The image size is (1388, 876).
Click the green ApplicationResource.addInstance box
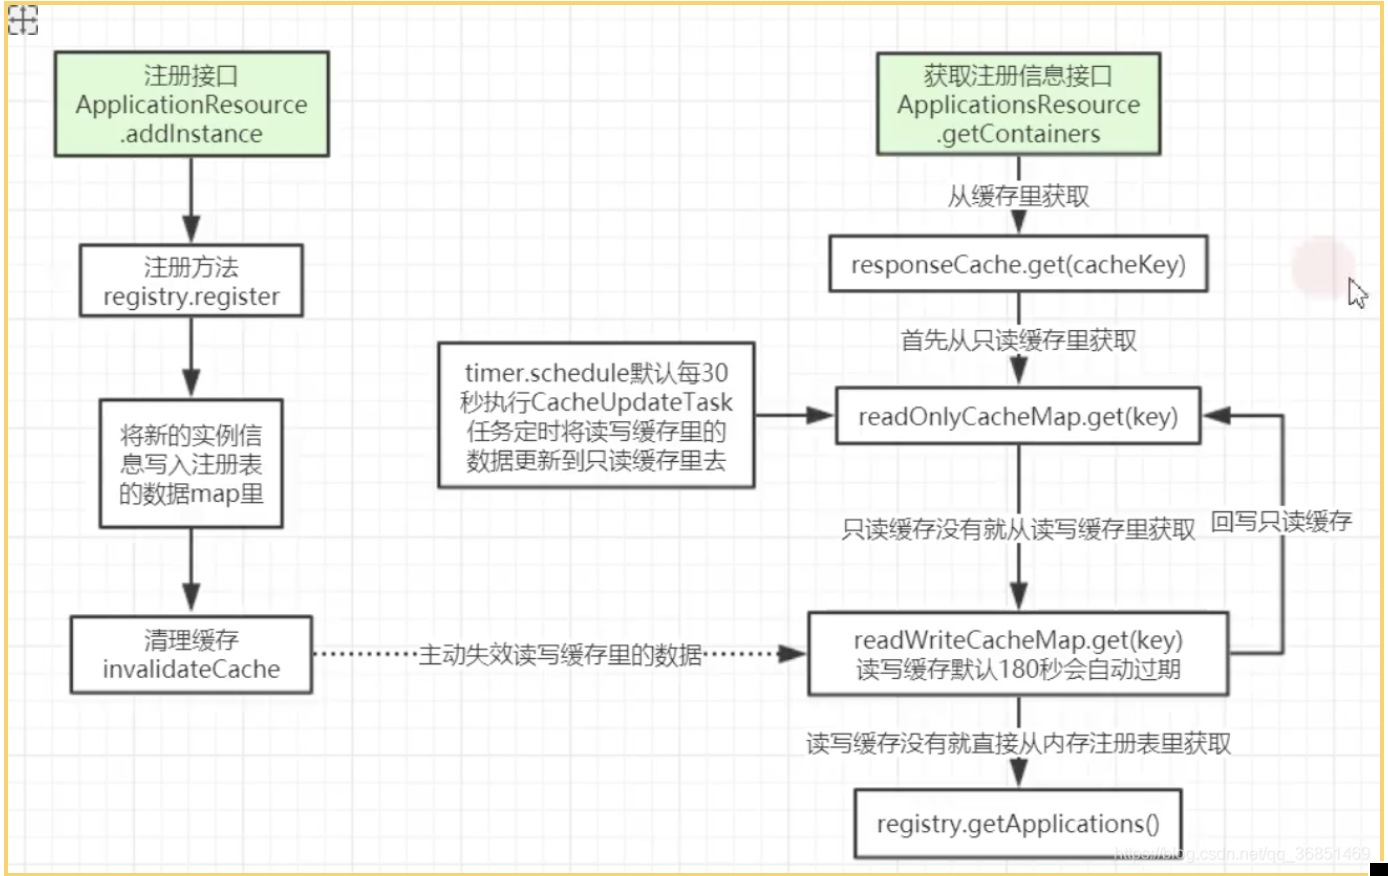pos(191,105)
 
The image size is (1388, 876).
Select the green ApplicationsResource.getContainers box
pos(1018,105)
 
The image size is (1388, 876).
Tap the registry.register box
pos(191,281)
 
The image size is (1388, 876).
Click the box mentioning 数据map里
pos(191,464)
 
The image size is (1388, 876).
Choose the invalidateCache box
pos(191,655)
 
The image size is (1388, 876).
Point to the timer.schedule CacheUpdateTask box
pos(596,416)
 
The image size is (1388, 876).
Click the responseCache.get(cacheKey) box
pos(1018,264)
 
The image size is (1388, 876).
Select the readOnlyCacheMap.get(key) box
pos(1018,417)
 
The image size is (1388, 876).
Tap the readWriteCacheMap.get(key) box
pos(1018,655)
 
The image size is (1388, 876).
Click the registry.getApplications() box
pos(1018,824)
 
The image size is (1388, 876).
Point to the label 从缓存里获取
pos(1018,196)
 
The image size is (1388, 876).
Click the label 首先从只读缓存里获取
pos(1018,341)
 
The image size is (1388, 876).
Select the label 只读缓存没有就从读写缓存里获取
pos(1018,529)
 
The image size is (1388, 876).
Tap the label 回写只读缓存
pos(1281,521)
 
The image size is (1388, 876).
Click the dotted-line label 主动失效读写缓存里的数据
pos(560,655)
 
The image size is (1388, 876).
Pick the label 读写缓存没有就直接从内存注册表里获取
pos(1018,743)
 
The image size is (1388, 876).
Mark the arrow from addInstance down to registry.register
pos(191,200)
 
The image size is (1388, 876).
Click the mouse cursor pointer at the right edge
pos(1357,293)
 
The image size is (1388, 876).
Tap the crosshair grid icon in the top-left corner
pos(23,20)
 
